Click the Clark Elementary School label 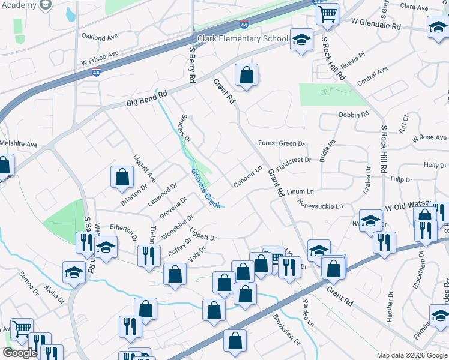(243, 39)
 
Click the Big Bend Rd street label (146, 99)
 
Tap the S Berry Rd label (192, 65)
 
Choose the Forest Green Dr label (282, 144)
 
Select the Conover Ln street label (248, 176)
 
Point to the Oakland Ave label (100, 37)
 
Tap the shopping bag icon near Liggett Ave (122, 178)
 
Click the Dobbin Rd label (353, 115)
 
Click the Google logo (20, 353)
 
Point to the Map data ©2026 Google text (411, 355)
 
